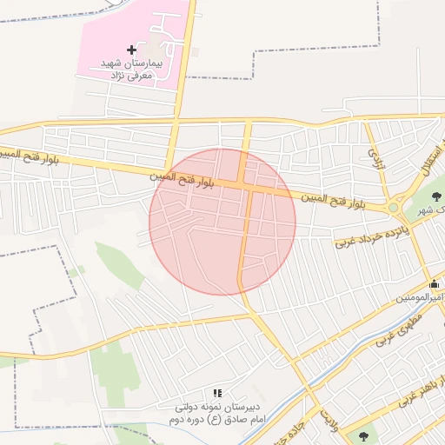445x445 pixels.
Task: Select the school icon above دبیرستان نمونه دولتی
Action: [x=217, y=394]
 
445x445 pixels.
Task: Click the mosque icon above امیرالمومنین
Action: [x=434, y=283]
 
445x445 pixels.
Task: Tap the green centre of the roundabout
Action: [x=394, y=208]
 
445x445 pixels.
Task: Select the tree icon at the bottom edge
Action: [x=363, y=436]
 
